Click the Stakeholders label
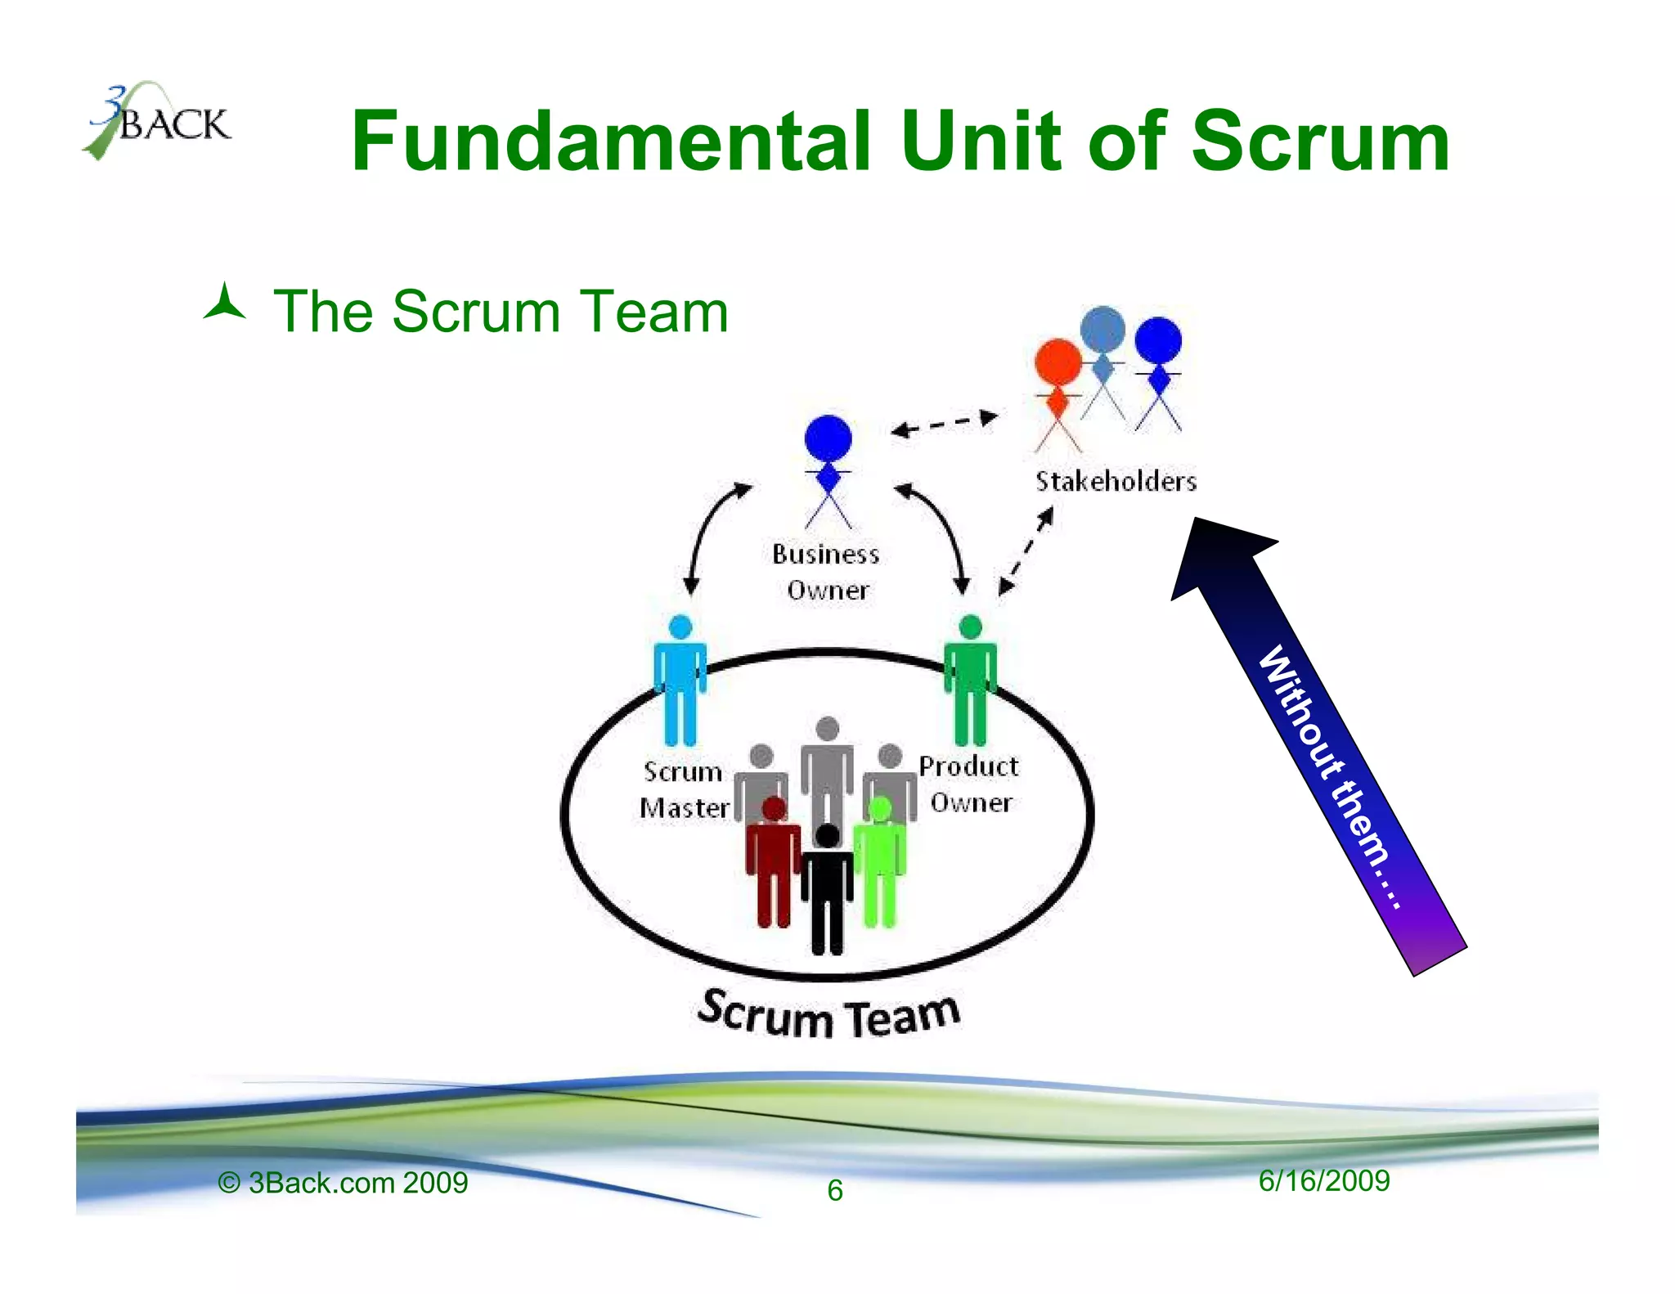point(1116,481)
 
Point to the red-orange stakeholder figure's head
point(1058,362)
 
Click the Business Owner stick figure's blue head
point(828,438)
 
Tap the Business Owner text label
point(826,572)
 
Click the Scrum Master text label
point(684,790)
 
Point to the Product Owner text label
point(969,784)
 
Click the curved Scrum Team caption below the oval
point(828,1015)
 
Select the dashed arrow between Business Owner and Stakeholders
point(945,424)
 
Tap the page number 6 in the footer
point(834,1190)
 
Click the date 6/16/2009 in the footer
point(1323,1180)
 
